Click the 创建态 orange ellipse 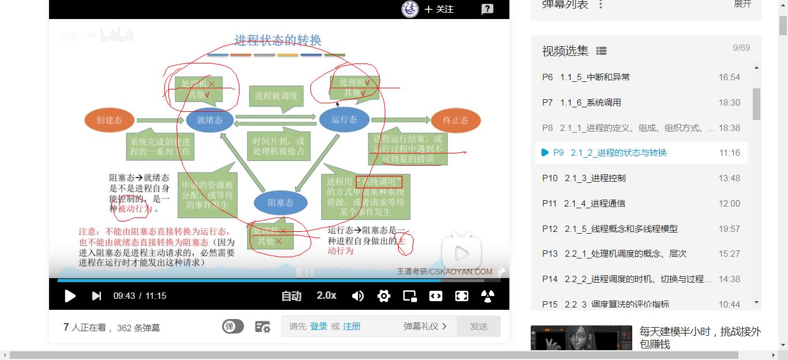(x=110, y=120)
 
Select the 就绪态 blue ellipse (x=209, y=120)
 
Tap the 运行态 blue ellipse (x=344, y=119)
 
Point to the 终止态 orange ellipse (x=455, y=120)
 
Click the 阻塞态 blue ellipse (x=280, y=202)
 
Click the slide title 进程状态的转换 (x=277, y=40)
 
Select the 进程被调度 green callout (x=276, y=96)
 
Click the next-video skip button (x=96, y=296)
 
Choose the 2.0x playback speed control (x=327, y=295)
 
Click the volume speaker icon (x=358, y=296)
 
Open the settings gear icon (x=384, y=296)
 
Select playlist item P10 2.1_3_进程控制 (x=595, y=178)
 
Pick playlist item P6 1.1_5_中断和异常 (x=595, y=77)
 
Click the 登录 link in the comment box (x=318, y=327)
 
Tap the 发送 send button (x=478, y=327)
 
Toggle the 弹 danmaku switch (x=232, y=327)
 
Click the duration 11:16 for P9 (x=729, y=153)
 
